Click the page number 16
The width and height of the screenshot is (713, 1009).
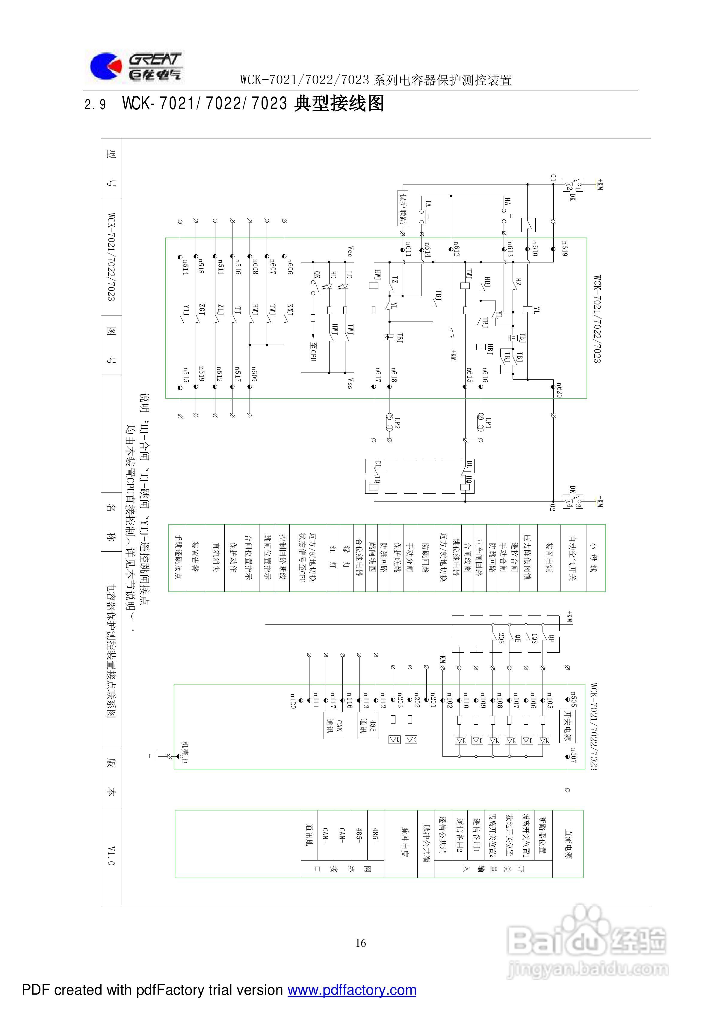(360, 943)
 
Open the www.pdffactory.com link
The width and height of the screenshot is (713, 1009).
(352, 990)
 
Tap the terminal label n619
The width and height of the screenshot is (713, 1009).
(564, 248)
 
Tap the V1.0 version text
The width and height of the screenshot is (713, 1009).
(111, 856)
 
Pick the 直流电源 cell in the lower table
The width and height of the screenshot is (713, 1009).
(568, 844)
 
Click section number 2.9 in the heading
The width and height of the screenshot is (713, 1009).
(95, 105)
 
